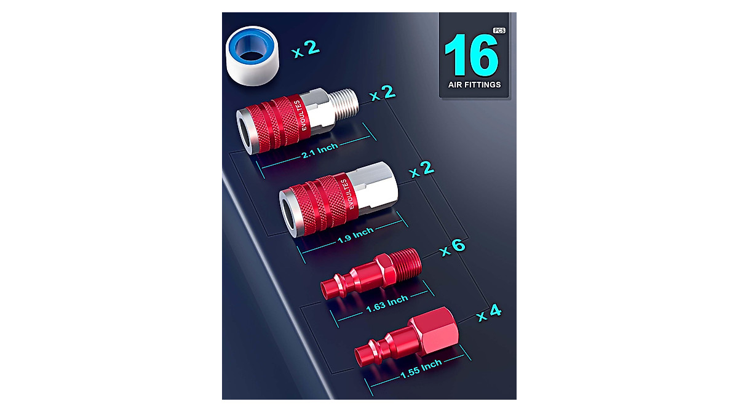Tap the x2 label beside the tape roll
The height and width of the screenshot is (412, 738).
(306, 49)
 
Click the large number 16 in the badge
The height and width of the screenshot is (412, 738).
(471, 56)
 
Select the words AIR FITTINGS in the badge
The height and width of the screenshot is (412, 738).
(474, 85)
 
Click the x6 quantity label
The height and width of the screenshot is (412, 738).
(451, 248)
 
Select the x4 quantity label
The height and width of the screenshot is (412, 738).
(489, 312)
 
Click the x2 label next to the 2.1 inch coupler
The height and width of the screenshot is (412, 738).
(381, 95)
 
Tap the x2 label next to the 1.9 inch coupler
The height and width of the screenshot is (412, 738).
(423, 169)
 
